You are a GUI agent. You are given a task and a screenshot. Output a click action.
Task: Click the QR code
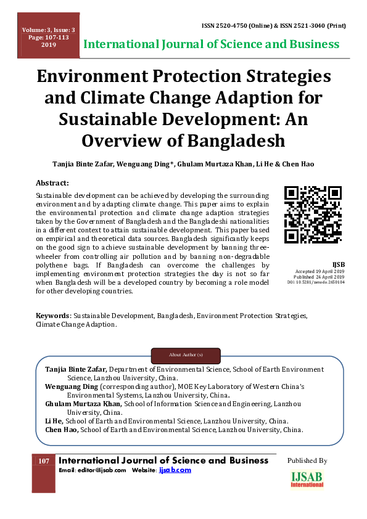tap(313, 215)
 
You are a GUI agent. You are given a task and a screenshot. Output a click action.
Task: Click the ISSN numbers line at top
tap(274, 26)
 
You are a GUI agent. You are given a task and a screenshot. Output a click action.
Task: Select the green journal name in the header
tap(211, 44)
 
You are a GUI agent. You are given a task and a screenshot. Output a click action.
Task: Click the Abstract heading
tap(52, 183)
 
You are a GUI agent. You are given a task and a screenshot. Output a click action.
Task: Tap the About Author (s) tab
tap(186, 355)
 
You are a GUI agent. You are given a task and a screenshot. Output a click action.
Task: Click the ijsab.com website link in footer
tap(175, 470)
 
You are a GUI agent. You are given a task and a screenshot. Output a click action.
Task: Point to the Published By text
tap(307, 460)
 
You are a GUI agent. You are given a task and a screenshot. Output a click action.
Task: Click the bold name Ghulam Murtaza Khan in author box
tap(84, 403)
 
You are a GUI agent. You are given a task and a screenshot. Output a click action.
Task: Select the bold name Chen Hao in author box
tap(62, 430)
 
